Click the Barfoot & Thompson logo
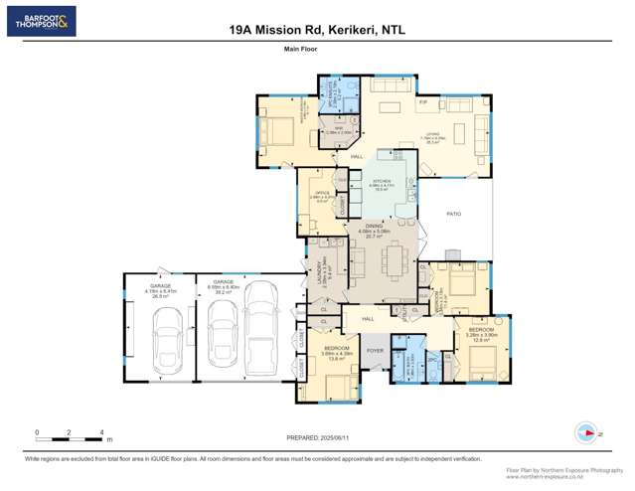(41, 21)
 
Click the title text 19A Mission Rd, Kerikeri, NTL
(318, 31)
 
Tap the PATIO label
(453, 214)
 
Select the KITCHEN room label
(382, 181)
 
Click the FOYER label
(375, 351)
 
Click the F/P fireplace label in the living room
(422, 102)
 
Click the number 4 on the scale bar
(101, 432)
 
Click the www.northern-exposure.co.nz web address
(564, 476)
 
